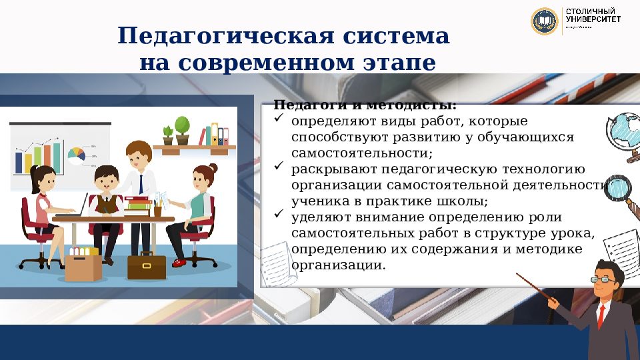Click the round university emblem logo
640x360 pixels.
coord(544,21)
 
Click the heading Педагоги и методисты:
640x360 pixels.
coord(365,105)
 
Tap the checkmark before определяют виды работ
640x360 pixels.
coord(279,121)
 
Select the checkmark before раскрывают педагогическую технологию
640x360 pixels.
coord(279,169)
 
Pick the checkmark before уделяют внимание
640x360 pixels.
coord(279,216)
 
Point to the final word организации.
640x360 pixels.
coord(338,264)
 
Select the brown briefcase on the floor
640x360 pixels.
coord(146,265)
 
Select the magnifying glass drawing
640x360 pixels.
coord(621,193)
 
